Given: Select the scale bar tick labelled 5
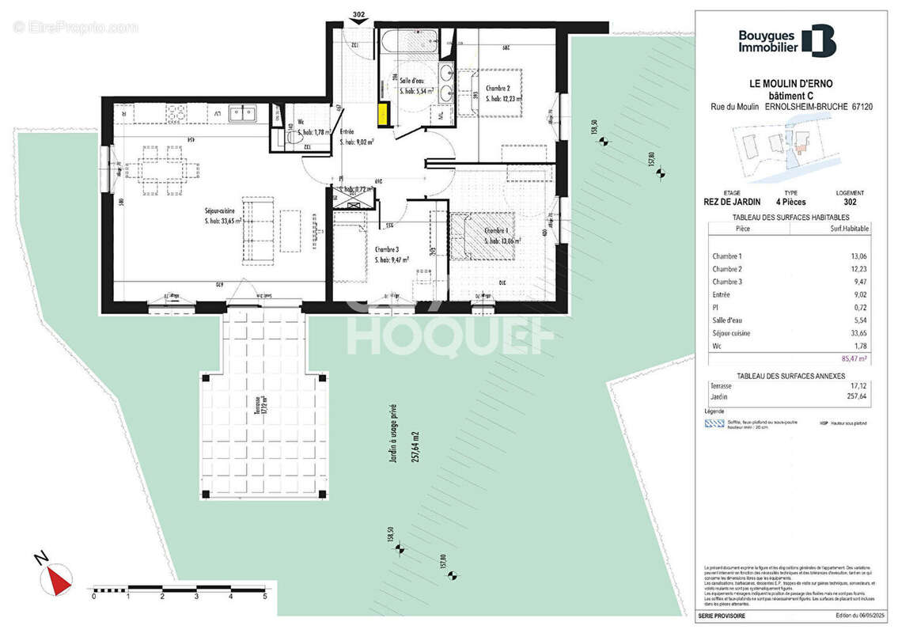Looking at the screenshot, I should pyautogui.click(x=265, y=597).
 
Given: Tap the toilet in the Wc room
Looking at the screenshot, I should pyautogui.click(x=294, y=139).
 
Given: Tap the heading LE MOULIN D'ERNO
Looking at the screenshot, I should pyautogui.click(x=790, y=83).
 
